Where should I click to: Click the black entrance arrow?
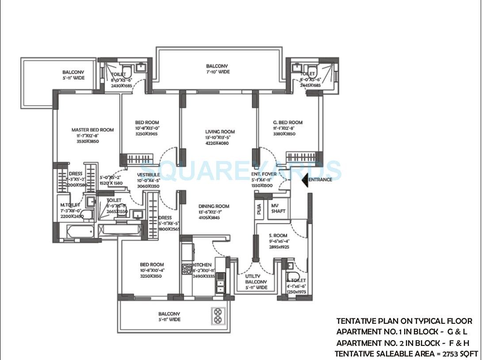point(304,180)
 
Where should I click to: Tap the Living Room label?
point(220,132)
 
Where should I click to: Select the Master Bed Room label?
point(92,130)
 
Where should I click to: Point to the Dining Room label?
point(214,206)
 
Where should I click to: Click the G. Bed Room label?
point(287,123)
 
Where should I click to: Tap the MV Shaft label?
point(278,208)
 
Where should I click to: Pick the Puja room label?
point(259,208)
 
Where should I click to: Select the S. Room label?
point(278,236)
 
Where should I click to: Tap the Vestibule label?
point(148,175)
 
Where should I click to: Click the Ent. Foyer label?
point(264,174)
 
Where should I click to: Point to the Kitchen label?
point(202,265)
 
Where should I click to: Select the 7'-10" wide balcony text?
point(218,72)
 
